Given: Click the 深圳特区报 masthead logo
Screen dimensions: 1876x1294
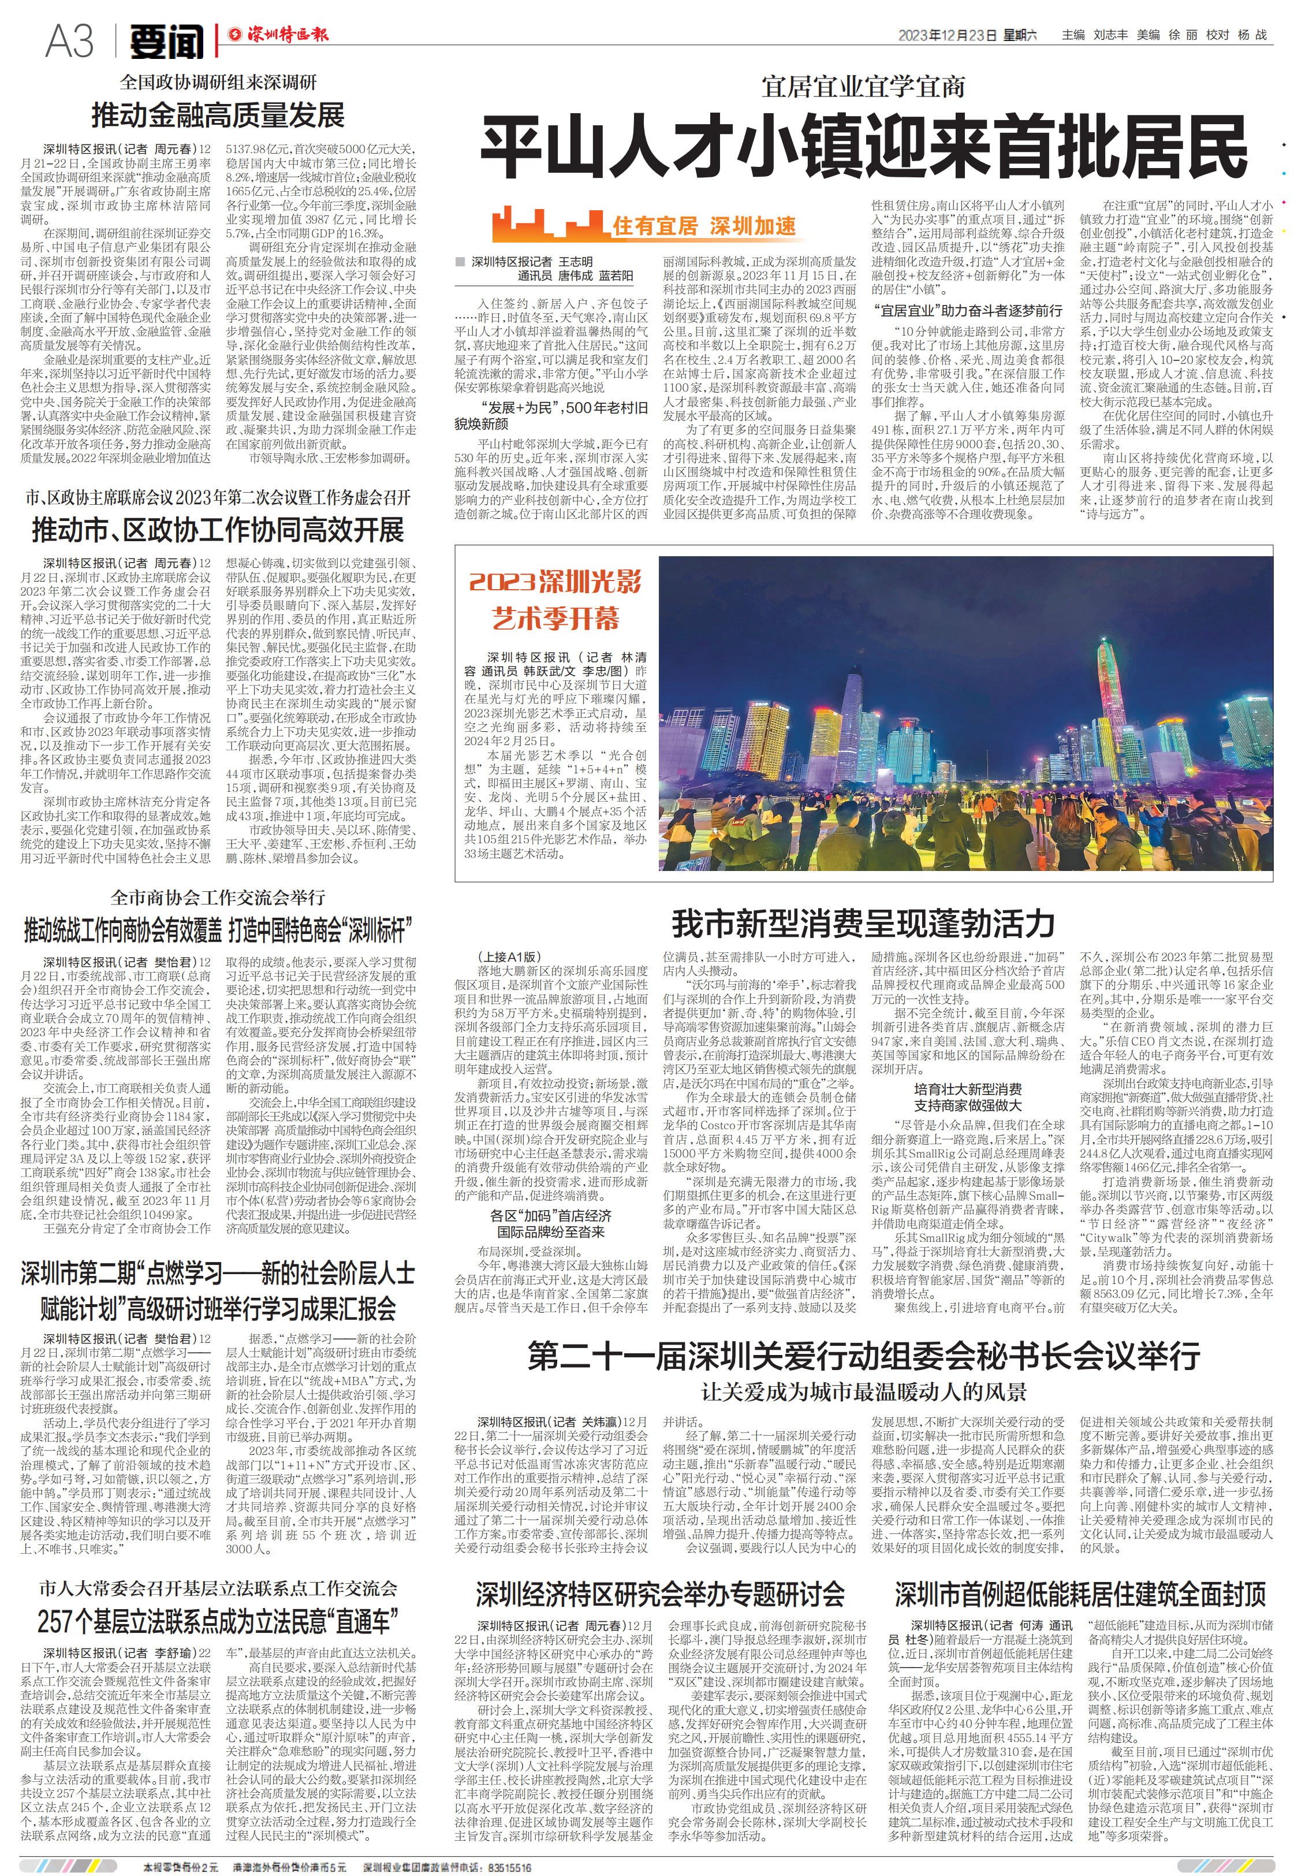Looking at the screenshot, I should coord(278,35).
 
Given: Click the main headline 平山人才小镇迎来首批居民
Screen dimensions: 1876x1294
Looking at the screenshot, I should coord(863,147).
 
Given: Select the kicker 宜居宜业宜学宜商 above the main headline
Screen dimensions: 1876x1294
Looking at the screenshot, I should coord(863,87).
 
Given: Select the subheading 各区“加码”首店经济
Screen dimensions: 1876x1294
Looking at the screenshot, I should coord(550,1215).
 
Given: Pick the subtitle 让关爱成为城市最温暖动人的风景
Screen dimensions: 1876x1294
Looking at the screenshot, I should coord(863,1392).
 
